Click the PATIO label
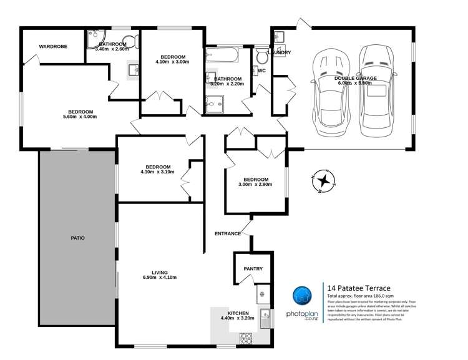click(77, 238)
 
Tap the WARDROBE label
click(53, 47)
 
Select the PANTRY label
click(253, 269)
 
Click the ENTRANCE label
click(228, 233)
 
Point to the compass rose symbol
click(323, 181)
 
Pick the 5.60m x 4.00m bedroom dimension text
click(82, 116)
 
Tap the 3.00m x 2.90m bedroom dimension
click(255, 185)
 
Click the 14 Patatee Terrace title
click(359, 288)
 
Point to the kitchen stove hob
click(246, 338)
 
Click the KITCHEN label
click(238, 313)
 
